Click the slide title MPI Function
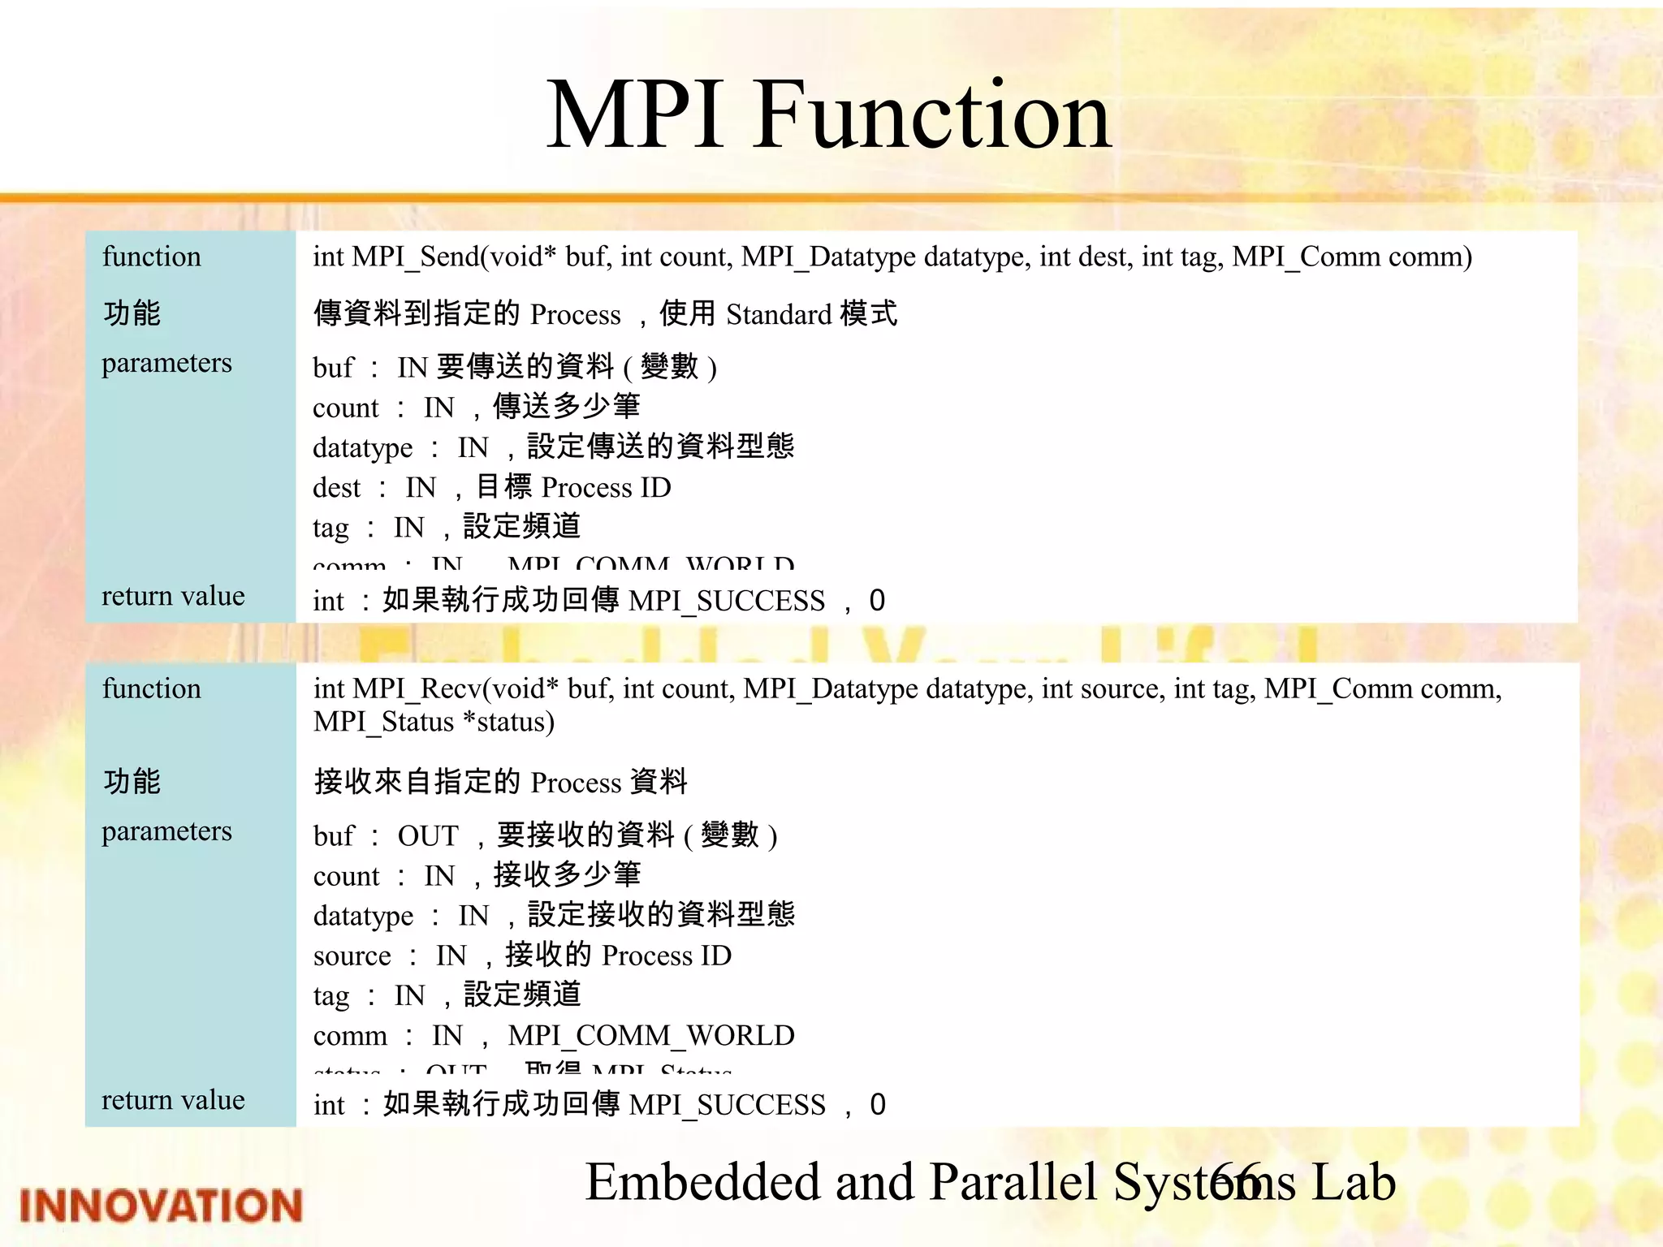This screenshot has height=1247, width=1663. click(x=828, y=115)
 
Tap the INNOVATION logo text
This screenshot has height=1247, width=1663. click(x=161, y=1206)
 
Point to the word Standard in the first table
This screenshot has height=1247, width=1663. click(x=779, y=315)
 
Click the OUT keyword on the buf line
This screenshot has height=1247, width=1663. click(x=428, y=836)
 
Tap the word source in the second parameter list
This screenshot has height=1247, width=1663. click(x=352, y=956)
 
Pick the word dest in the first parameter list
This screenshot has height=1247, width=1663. click(x=336, y=488)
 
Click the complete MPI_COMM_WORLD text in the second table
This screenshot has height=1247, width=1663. click(x=651, y=1036)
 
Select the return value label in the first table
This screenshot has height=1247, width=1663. click(x=173, y=596)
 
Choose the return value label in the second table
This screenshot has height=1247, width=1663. click(x=173, y=1100)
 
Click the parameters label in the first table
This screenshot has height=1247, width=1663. click(x=166, y=363)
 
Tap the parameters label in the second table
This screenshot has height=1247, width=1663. click(x=166, y=831)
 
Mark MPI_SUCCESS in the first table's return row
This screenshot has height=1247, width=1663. click(x=726, y=602)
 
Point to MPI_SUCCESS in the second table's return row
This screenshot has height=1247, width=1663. click(x=727, y=1106)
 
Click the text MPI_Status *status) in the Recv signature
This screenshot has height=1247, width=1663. click(x=434, y=723)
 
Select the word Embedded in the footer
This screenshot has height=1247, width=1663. click(x=703, y=1182)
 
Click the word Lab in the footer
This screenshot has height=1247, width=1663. click(x=1354, y=1182)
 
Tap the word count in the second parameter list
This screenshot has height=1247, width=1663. click(x=346, y=877)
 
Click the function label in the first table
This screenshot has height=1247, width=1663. click(x=151, y=257)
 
